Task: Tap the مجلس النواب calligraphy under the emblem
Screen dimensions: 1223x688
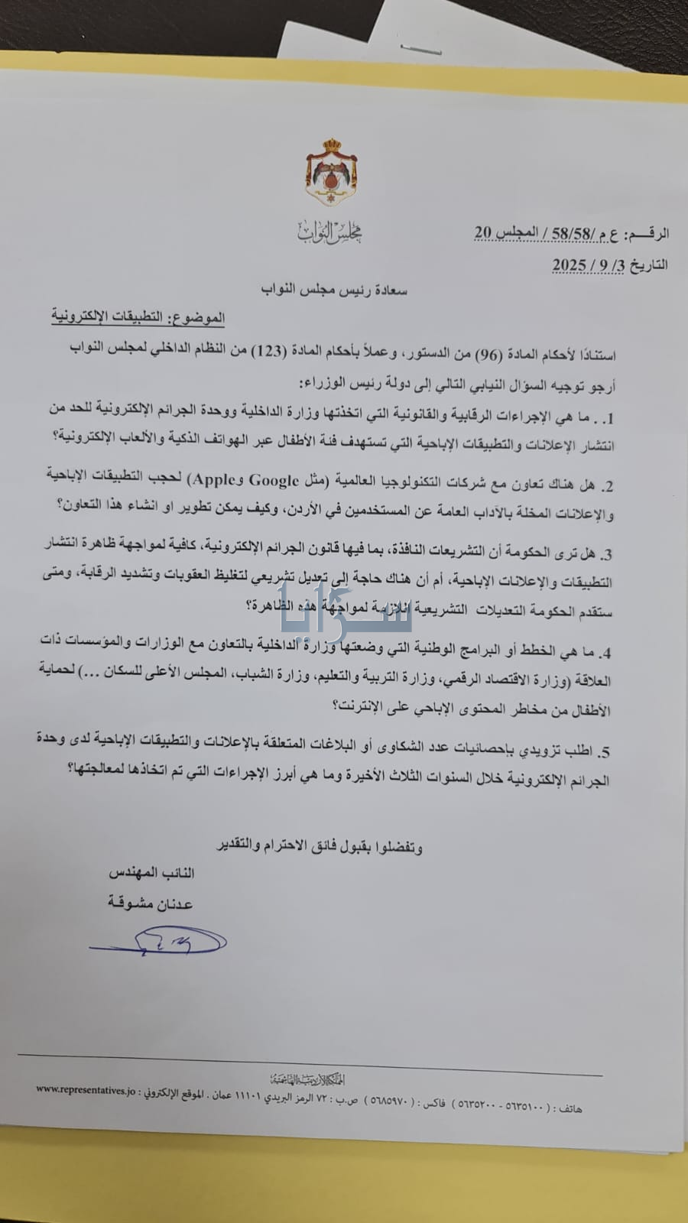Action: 331,232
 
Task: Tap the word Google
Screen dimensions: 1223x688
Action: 269,480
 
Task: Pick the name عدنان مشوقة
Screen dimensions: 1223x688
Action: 151,903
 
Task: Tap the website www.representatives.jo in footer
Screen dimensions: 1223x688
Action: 87,1088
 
